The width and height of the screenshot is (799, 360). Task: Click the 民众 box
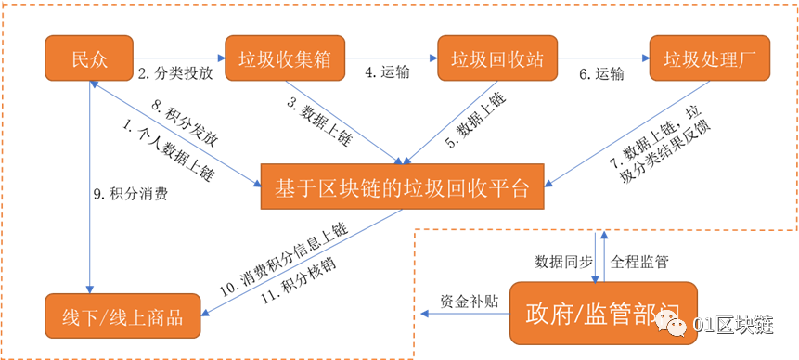(x=89, y=58)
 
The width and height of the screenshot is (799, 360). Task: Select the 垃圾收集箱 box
(x=285, y=58)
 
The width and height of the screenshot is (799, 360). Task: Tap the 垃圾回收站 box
(x=497, y=58)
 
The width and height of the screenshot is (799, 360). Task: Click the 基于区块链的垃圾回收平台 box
(x=401, y=186)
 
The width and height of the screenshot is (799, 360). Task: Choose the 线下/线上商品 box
(x=122, y=316)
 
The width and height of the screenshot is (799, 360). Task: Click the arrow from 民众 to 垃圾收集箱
(x=179, y=58)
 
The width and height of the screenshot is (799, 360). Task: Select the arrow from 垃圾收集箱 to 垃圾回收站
(x=391, y=58)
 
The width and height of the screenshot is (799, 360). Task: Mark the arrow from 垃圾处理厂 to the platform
(x=631, y=130)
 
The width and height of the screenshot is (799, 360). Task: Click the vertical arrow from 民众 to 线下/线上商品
(x=90, y=186)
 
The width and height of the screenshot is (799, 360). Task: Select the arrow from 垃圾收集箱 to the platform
(x=343, y=121)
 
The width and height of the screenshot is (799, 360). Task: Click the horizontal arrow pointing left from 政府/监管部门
(x=464, y=314)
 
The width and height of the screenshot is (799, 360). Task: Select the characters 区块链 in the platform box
(x=356, y=186)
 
